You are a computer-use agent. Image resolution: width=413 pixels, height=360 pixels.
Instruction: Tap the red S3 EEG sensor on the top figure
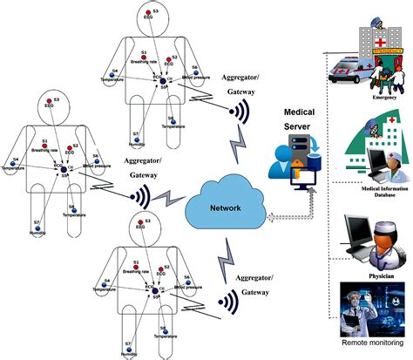pos(150,15)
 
